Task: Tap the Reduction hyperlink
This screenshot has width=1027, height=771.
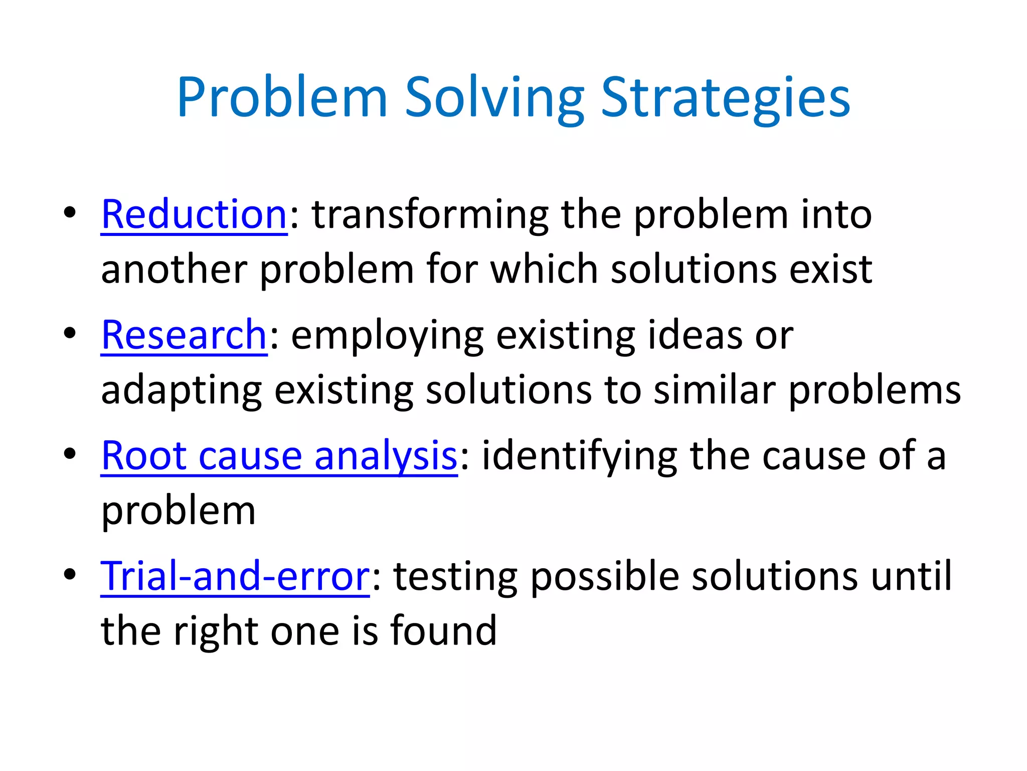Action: click(194, 215)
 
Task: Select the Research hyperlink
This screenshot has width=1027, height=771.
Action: click(184, 335)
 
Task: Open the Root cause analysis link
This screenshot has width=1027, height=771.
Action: click(279, 456)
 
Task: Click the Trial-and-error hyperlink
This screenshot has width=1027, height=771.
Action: click(235, 576)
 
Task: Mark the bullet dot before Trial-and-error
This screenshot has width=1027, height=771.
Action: click(70, 574)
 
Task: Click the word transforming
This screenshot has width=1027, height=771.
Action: click(430, 215)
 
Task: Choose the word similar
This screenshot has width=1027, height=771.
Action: click(715, 391)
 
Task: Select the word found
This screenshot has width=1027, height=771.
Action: click(443, 631)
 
